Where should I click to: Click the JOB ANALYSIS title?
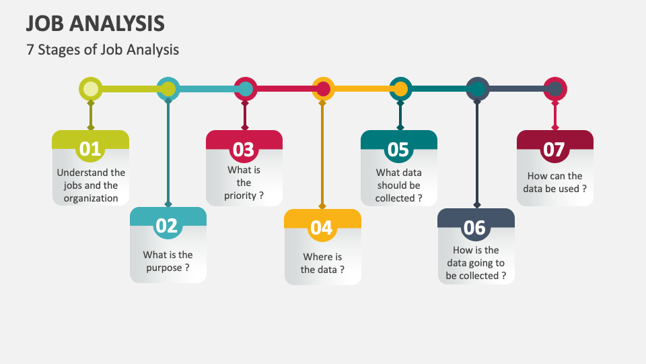pos(95,24)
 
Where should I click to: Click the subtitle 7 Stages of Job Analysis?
pos(102,49)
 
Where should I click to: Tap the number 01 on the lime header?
pos(89,149)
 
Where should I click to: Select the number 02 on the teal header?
pos(167,226)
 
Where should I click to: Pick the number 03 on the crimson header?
pos(243,149)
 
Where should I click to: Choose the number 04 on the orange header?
pos(322,228)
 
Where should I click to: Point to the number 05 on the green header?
pos(398,149)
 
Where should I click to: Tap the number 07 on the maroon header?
pos(554,149)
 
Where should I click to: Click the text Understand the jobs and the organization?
pos(91,185)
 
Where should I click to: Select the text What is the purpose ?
pos(168,262)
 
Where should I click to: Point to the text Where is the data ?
pos(322,263)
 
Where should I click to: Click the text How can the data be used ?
pos(555,183)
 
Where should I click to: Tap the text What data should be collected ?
pos(399,185)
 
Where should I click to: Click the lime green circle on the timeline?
pos(91,89)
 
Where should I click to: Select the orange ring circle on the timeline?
pos(323,89)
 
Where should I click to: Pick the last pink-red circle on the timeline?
pos(555,89)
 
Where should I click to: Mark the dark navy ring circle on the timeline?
pos(478,89)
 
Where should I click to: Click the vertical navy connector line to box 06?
pos(478,155)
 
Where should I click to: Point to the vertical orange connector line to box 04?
pos(322,155)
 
